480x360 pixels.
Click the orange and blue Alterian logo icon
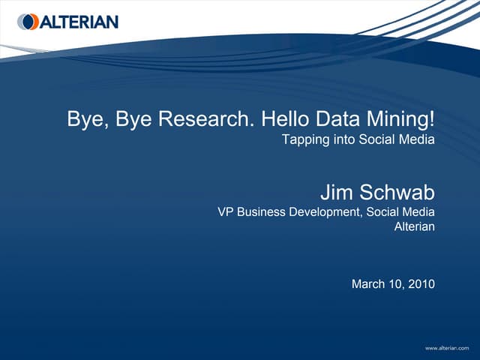pos(28,22)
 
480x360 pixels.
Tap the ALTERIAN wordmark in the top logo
pos(79,22)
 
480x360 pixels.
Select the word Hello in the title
pos(283,118)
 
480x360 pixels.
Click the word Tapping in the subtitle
pos(302,139)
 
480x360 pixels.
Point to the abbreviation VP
pos(225,212)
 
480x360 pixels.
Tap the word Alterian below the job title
pos(415,226)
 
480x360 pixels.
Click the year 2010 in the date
pos(420,284)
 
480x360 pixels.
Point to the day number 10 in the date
pos(395,284)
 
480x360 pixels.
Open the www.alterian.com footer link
pos(451,349)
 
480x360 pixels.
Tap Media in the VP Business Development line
pos(418,212)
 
